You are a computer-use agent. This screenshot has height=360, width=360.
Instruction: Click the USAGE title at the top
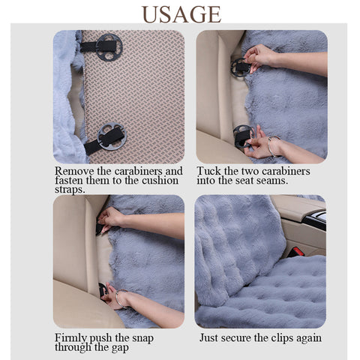(x=181, y=14)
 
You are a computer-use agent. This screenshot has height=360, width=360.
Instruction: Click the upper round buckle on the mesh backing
(x=109, y=47)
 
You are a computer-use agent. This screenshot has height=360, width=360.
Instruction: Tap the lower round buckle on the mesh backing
(x=112, y=136)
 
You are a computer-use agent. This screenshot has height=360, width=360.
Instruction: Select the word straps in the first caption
(x=70, y=190)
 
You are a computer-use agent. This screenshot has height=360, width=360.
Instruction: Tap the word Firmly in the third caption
(x=70, y=338)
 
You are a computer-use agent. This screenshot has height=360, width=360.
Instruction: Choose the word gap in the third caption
(x=120, y=348)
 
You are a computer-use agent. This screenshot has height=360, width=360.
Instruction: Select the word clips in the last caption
(x=282, y=338)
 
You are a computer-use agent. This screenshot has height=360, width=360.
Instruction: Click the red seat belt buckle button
(x=298, y=251)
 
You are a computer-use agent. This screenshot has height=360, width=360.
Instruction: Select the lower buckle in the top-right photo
(x=243, y=136)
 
